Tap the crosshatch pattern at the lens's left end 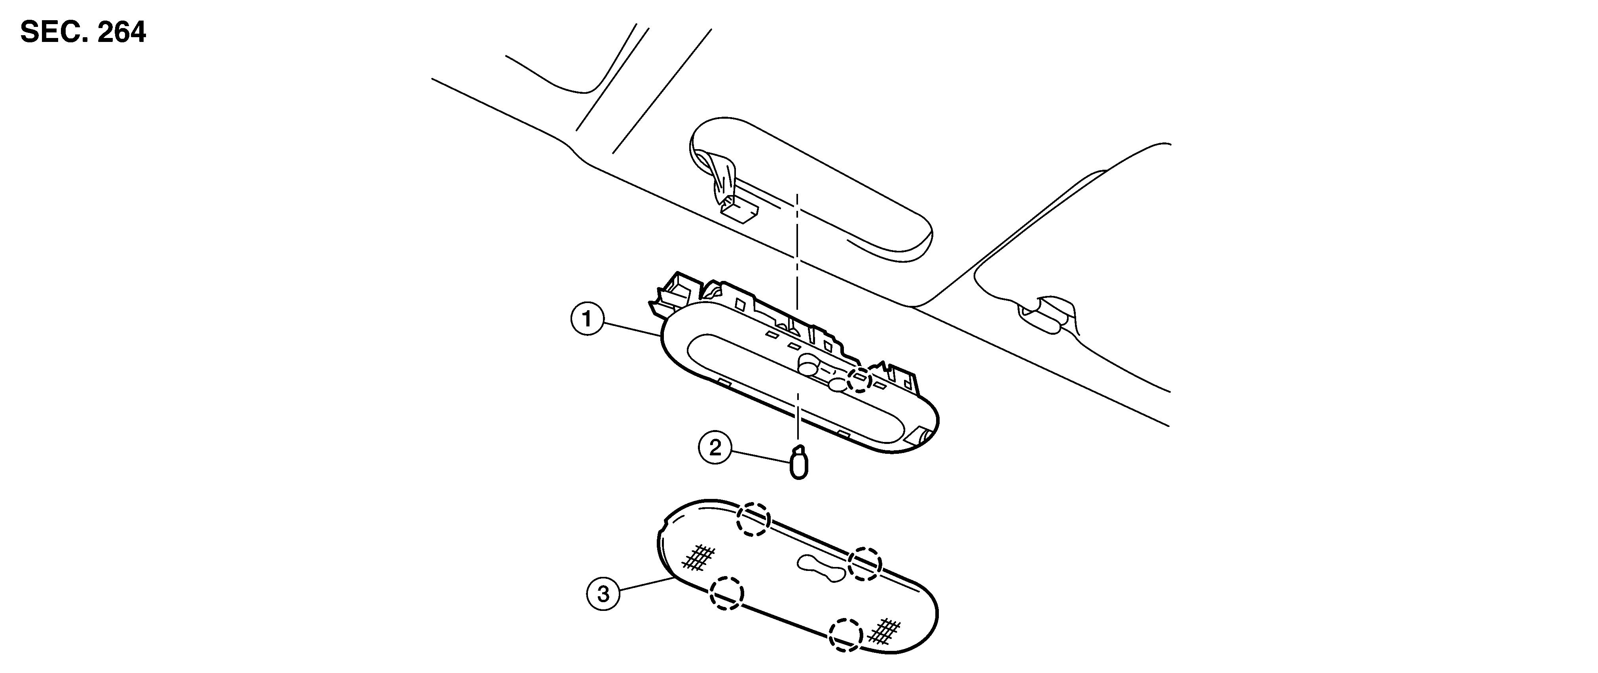[x=698, y=556]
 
